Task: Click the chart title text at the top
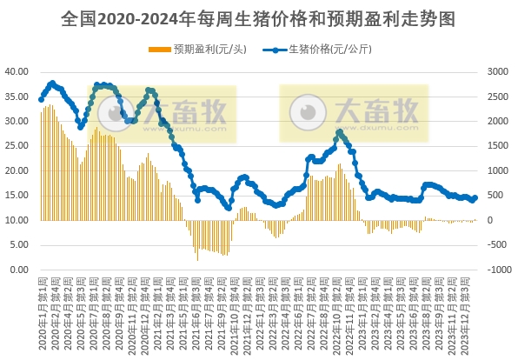tap(258, 17)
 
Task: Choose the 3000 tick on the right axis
tap(498, 71)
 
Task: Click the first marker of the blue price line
tap(41, 99)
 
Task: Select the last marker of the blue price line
tap(475, 197)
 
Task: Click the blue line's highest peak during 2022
tap(339, 132)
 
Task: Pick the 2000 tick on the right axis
tap(498, 121)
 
